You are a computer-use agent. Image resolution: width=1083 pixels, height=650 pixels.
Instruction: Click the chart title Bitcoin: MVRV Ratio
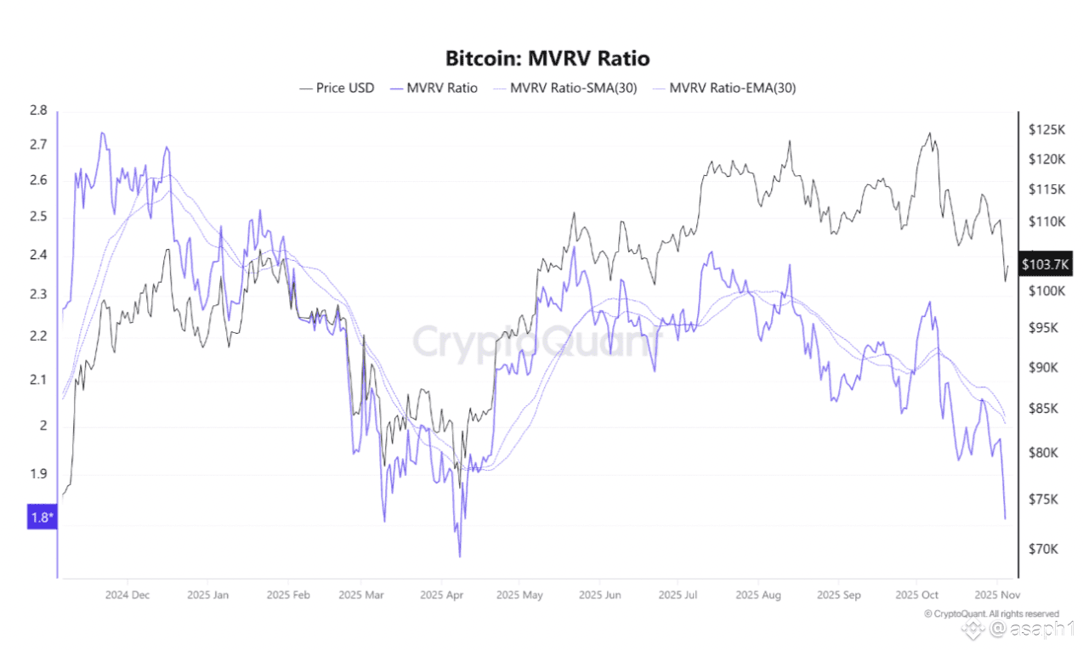(x=547, y=59)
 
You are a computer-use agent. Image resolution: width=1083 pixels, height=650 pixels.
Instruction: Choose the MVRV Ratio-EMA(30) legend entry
(x=733, y=88)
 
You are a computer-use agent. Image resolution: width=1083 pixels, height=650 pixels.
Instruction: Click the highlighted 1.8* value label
(x=41, y=517)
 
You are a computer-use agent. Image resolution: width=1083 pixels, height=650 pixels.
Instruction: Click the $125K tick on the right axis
(x=1046, y=130)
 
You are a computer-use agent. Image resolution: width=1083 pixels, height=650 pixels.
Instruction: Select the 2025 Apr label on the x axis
(x=442, y=595)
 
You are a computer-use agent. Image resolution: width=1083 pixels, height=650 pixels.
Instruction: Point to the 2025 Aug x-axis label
(x=758, y=595)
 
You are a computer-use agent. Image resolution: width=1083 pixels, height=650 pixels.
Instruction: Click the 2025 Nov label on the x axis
(x=992, y=595)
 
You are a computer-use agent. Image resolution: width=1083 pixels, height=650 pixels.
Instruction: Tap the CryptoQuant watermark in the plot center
(x=536, y=342)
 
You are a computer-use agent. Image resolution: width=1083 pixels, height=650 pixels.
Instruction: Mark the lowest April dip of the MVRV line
(x=460, y=557)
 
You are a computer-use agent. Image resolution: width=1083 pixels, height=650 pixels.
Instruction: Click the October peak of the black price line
(x=930, y=133)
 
